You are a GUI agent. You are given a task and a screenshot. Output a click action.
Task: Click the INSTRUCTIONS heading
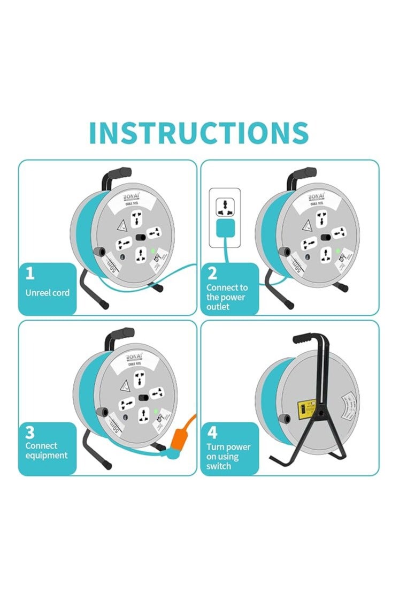199,133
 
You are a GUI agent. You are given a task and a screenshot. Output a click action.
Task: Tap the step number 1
30,274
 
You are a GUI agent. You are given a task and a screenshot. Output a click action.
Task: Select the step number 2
212,274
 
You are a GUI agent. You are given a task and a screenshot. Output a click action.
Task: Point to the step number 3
30,431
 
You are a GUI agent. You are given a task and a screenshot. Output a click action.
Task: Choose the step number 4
213,431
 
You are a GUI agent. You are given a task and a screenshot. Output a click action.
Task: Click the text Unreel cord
47,293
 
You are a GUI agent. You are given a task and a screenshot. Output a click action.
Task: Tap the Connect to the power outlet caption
227,297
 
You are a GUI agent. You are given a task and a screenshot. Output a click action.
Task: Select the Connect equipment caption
47,450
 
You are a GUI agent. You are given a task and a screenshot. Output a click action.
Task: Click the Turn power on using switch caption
228,457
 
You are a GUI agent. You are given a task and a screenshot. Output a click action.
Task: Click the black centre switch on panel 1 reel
141,238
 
